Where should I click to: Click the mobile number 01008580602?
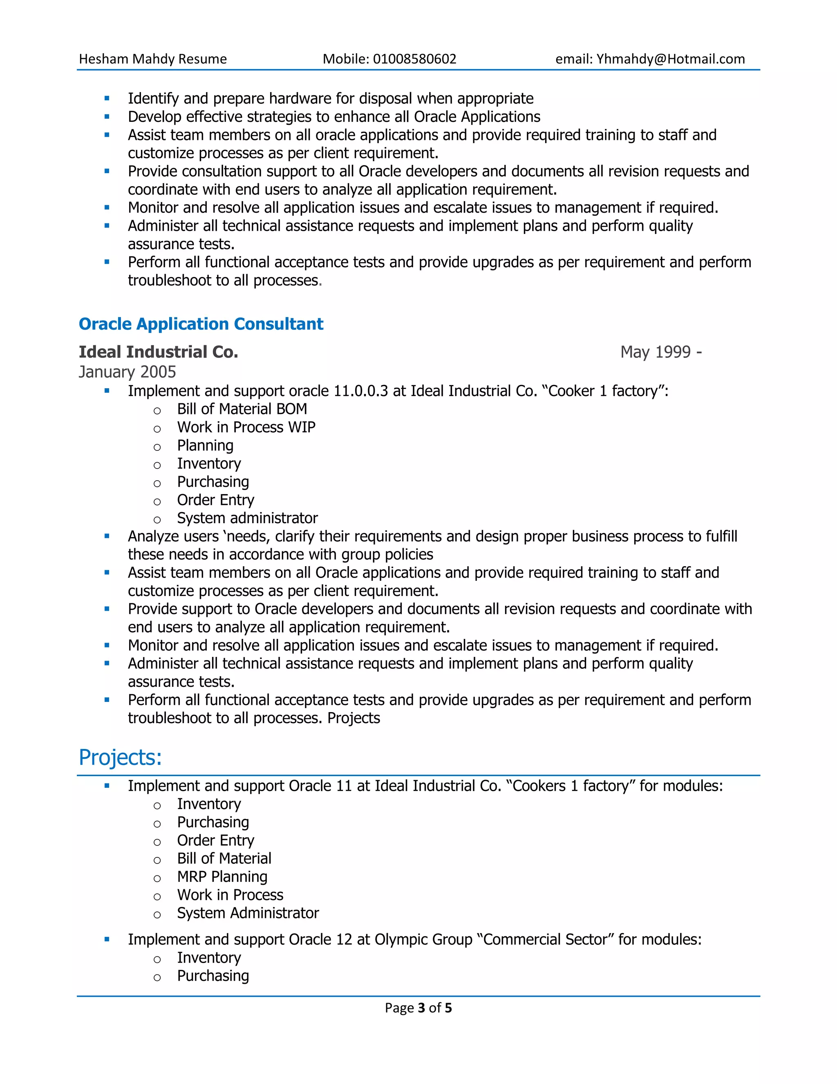coord(414,59)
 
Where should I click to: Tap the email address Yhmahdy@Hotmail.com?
coord(670,59)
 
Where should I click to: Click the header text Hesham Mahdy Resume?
coord(153,59)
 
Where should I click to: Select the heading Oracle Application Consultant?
coord(201,324)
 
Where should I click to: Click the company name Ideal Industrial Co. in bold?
coord(158,352)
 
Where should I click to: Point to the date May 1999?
coord(655,352)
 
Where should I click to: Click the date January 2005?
coord(127,372)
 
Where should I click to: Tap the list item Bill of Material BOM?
coord(242,409)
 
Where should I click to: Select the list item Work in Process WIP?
coord(246,427)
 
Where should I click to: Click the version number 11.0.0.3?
coord(360,391)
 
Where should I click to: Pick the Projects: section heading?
coord(121,758)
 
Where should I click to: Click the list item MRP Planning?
coord(222,877)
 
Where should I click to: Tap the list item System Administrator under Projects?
coord(248,913)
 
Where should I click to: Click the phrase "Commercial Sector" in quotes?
coord(546,940)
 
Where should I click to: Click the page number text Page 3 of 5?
coord(418,1008)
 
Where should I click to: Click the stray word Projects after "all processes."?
coord(354,718)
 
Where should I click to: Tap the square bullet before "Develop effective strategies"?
coord(107,117)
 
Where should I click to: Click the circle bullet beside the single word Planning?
coord(157,447)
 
